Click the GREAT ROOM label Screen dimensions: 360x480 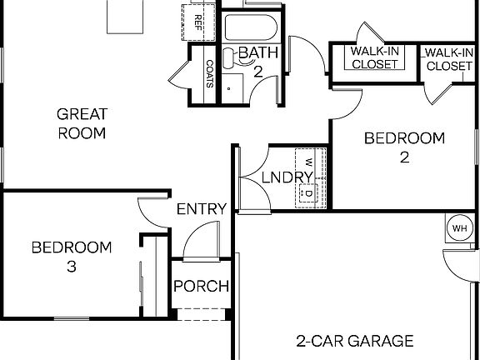(x=81, y=122)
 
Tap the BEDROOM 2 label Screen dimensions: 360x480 (x=404, y=147)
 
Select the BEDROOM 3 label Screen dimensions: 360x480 (x=71, y=257)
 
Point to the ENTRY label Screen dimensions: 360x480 (x=201, y=209)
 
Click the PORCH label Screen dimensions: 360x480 (x=201, y=287)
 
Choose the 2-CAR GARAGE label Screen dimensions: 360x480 (x=355, y=340)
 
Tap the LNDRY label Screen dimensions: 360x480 (x=286, y=177)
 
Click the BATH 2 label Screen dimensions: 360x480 (x=257, y=62)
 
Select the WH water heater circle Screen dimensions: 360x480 (x=459, y=227)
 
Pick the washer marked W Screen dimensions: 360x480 (x=307, y=161)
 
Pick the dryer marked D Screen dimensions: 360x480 (x=307, y=193)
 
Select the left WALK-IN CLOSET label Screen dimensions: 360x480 (x=374, y=58)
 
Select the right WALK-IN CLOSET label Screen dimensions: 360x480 (x=449, y=58)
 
